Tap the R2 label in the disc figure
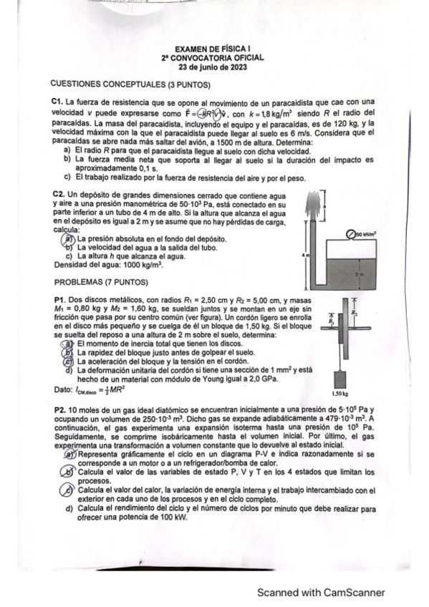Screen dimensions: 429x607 click(353, 313)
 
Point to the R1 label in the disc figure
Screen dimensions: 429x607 click(331, 321)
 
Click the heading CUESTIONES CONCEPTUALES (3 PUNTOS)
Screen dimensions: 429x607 click(127, 84)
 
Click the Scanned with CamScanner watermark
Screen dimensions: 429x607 click(322, 593)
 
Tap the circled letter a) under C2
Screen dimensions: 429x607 click(70, 239)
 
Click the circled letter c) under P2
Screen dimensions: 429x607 click(70, 490)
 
